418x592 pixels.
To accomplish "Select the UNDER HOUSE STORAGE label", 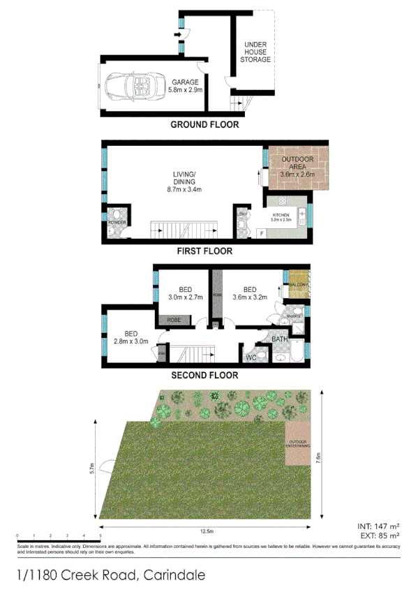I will tap(255, 52).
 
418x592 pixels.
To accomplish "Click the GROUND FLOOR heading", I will tap(204, 125).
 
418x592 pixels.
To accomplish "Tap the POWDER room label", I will tap(117, 222).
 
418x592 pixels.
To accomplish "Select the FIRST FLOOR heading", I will tap(204, 251).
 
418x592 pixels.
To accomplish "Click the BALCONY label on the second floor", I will tap(299, 285).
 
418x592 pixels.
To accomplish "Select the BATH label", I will tap(280, 339).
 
